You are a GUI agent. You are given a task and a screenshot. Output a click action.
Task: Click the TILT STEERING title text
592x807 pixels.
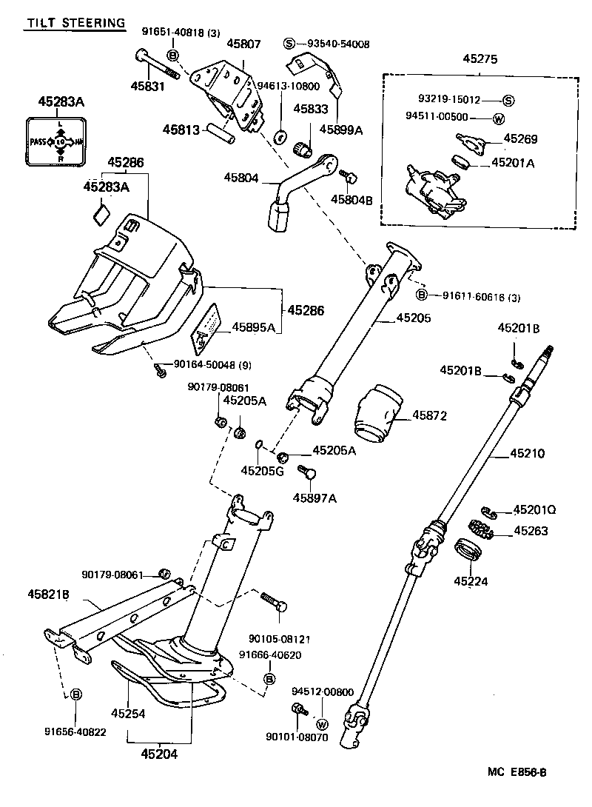(75, 24)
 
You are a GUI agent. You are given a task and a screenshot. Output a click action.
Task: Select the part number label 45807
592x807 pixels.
(243, 44)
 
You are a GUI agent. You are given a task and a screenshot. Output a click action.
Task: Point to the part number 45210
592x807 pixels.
(527, 453)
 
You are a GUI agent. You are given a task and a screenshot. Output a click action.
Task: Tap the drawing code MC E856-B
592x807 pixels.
(517, 773)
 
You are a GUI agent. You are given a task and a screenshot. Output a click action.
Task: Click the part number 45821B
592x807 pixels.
(49, 594)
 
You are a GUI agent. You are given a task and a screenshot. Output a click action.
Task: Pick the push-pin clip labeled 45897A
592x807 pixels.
(307, 472)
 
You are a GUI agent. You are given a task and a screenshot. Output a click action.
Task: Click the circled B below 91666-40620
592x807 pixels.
(269, 678)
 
